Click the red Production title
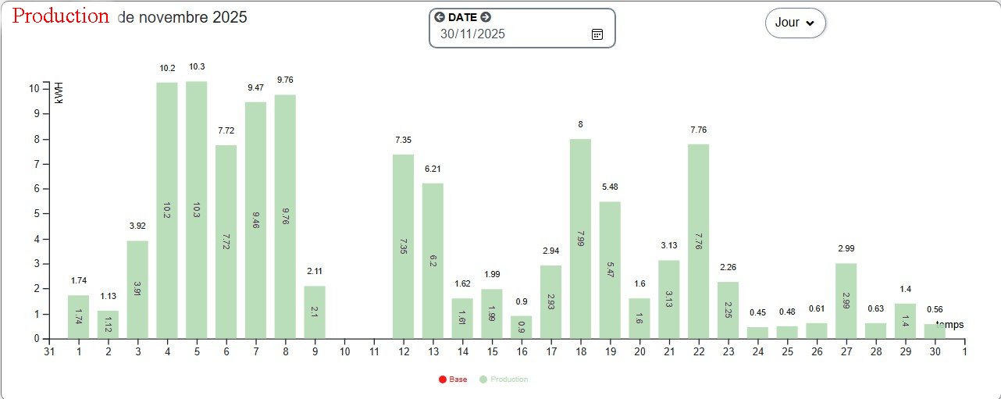tap(61, 16)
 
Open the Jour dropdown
tap(795, 23)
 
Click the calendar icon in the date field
tap(597, 34)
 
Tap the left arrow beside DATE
tap(440, 17)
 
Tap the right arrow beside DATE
tap(486, 17)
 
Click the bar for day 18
tap(580, 238)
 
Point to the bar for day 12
tap(403, 246)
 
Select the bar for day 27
tap(846, 301)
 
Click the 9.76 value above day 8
tap(285, 80)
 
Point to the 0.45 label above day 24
tap(757, 312)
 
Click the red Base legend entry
tap(453, 379)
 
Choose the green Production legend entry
tap(504, 379)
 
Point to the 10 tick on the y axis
tap(34, 88)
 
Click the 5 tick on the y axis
tap(37, 213)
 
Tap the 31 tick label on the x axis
tap(48, 351)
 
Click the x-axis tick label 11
tap(374, 351)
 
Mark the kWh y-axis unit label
tap(59, 93)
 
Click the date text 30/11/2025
tap(472, 34)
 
